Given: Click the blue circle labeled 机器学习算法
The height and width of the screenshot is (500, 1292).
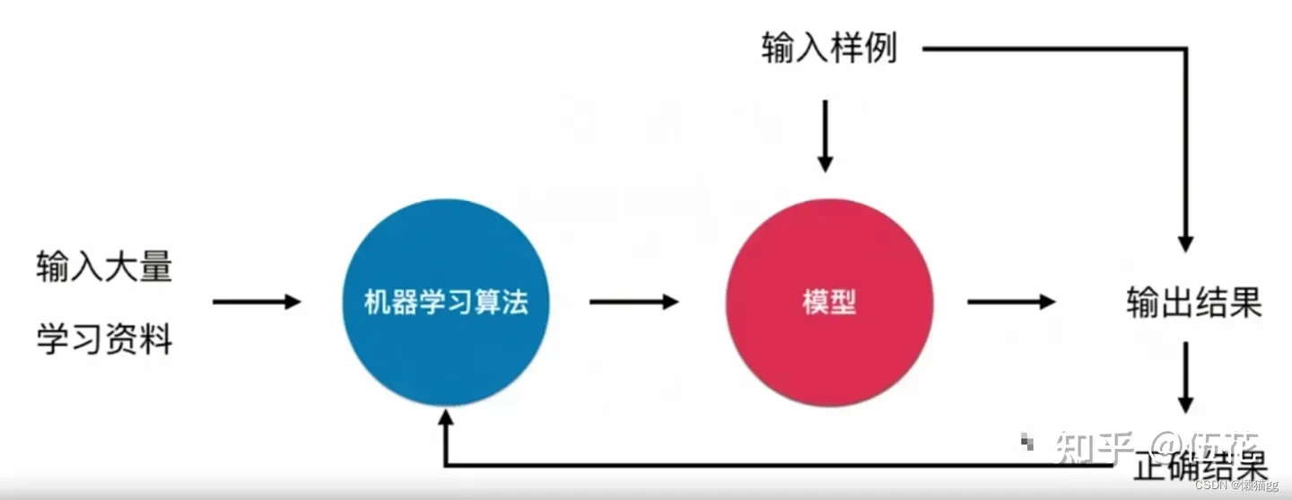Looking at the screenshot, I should tap(446, 302).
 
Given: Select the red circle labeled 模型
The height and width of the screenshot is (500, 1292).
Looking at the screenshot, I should tap(829, 302).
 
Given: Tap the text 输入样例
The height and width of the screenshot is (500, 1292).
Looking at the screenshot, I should tap(829, 49).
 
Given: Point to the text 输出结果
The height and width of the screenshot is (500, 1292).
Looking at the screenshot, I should tap(1194, 303).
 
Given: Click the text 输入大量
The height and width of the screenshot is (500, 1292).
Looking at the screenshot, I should tap(104, 268).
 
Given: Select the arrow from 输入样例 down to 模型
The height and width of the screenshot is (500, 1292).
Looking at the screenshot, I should tap(825, 136).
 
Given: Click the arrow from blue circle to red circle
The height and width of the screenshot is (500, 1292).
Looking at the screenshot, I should tap(633, 302).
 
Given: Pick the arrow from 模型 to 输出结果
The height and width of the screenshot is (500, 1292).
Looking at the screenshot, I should tap(1011, 302).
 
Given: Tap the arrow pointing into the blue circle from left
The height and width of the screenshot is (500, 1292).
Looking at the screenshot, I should tap(257, 302).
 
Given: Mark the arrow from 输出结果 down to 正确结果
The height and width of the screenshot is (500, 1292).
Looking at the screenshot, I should tap(1187, 376).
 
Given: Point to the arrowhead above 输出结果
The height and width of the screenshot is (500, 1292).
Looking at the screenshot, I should tap(1186, 242).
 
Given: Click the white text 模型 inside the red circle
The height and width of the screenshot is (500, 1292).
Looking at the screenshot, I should tap(829, 303).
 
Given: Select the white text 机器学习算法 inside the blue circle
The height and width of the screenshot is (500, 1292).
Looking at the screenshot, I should tap(446, 303).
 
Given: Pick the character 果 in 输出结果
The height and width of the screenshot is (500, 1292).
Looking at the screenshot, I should tap(1245, 303).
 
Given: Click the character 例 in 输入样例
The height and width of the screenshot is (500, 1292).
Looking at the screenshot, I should tap(880, 49).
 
